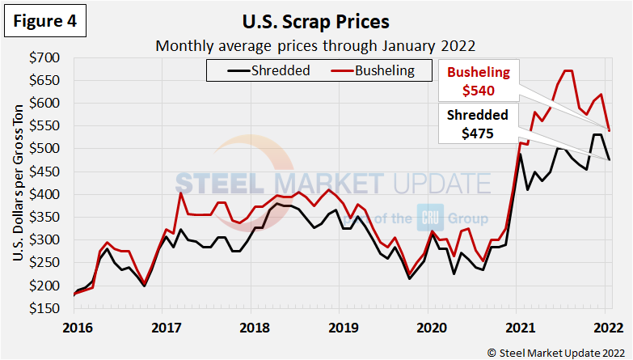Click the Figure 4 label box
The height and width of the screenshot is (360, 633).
tap(45, 22)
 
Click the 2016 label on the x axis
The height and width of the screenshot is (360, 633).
tap(74, 327)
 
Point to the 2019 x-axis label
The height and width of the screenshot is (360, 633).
tap(344, 327)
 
